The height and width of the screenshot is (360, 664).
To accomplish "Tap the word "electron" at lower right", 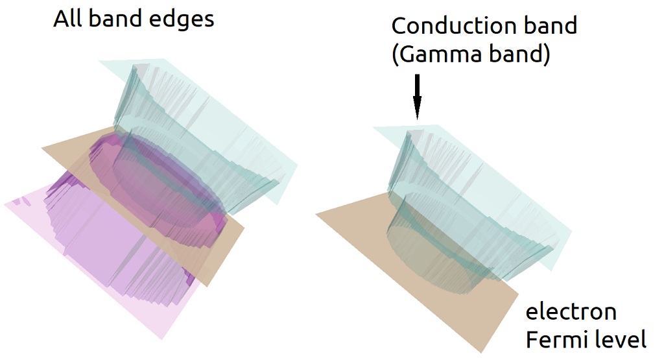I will point(571,312).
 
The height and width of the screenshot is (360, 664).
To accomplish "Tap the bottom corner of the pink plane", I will point(160,339).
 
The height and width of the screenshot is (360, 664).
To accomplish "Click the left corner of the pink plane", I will point(5,204).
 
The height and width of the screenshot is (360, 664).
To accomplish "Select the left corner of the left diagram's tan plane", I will point(42,149).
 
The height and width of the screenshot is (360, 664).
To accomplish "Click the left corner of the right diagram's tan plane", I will point(316,215).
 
